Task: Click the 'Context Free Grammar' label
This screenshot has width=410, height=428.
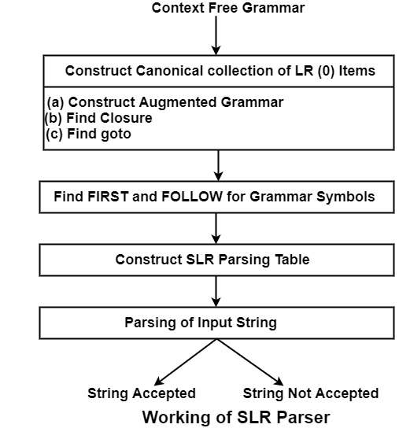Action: coord(228,8)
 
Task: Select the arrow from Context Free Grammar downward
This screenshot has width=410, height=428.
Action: coord(216,35)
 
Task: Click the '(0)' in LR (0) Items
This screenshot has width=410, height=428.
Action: coord(326,71)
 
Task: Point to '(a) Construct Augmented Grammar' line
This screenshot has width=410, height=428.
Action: coord(165,102)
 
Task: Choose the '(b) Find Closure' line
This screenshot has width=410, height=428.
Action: coord(98,118)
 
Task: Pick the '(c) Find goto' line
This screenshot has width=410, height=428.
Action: coord(88,134)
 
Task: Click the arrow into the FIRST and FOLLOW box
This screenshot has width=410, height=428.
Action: coord(218,165)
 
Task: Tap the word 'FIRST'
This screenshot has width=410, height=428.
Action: coord(108,197)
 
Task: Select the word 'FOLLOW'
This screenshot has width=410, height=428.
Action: coord(192,197)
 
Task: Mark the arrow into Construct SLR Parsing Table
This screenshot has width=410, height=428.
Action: coord(216,228)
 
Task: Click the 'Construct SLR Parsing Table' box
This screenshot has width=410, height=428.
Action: coord(216,260)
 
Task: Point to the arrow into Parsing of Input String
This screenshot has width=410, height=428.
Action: coord(216,292)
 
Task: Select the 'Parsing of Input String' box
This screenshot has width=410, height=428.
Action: coord(216,323)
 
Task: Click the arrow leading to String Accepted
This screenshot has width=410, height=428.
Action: coord(186,362)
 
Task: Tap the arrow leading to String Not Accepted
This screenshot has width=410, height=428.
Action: coord(250,362)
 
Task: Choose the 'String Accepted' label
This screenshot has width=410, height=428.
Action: coord(142,393)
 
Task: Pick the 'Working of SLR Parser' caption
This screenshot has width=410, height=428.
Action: coord(236,417)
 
